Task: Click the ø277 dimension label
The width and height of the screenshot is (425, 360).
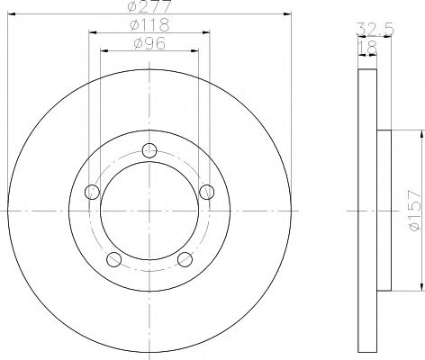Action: [149, 7]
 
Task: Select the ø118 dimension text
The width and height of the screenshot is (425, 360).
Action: [149, 25]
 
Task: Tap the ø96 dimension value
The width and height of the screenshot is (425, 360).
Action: [149, 43]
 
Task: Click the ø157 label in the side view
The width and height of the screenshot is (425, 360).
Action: [413, 211]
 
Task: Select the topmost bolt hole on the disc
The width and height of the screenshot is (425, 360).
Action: [149, 149]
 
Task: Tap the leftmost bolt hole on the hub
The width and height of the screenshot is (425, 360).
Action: [90, 192]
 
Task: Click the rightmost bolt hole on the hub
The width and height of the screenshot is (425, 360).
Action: [208, 192]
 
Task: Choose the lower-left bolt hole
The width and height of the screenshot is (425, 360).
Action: [113, 261]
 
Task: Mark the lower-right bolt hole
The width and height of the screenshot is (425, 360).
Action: [185, 261]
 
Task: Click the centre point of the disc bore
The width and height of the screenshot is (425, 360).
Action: [149, 211]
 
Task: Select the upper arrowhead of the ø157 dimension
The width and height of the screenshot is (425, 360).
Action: [420, 133]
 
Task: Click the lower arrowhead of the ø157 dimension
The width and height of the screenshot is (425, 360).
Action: [420, 288]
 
